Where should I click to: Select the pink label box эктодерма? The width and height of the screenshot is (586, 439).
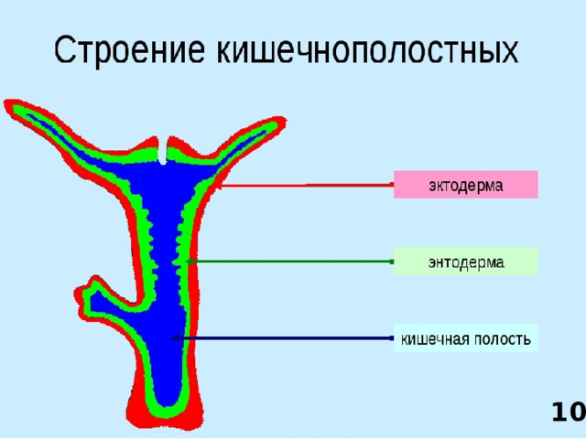[465, 184]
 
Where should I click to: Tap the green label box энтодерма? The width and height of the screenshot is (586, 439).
[465, 262]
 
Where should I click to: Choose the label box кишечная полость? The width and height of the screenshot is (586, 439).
[465, 338]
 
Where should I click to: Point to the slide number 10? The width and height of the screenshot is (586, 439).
[567, 413]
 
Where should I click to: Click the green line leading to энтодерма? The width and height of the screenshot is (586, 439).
[293, 262]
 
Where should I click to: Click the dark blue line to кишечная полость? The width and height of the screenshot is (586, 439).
[284, 338]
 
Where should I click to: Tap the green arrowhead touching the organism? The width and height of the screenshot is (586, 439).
[190, 262]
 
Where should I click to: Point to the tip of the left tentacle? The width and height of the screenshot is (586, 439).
[12, 107]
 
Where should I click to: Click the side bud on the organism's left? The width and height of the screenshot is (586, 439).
[96, 296]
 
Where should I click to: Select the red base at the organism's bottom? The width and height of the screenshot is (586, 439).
[165, 416]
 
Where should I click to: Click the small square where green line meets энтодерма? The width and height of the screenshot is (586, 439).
[392, 262]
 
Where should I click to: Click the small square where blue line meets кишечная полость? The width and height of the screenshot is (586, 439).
[392, 338]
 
